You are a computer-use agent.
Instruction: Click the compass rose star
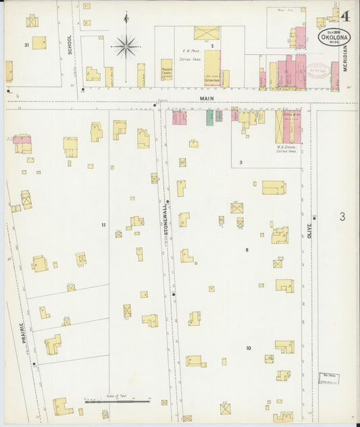[126, 47]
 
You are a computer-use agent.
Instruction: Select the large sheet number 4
[345, 16]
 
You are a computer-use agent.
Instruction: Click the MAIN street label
[206, 98]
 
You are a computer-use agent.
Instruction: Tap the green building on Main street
[210, 117]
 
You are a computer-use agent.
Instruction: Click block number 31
[27, 45]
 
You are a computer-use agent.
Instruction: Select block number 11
[103, 224]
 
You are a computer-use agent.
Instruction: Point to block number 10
[249, 348]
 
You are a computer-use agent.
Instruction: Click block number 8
[247, 250]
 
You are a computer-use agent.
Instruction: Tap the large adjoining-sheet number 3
[342, 217]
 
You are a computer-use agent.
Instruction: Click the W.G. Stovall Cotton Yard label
[287, 148]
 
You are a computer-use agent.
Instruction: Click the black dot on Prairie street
[34, 363]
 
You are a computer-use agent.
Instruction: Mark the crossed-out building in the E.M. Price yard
[207, 33]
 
